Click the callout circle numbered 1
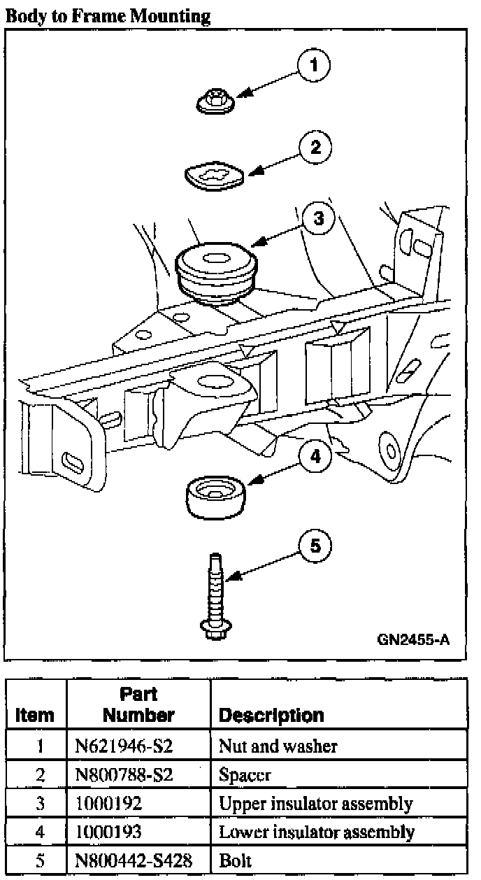coord(313,66)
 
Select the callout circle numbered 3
coord(318,218)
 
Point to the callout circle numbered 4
coord(315,457)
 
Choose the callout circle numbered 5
coord(315,546)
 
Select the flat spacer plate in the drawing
coord(215,176)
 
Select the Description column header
coord(271,715)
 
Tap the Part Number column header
coord(138,705)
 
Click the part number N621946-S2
coord(124,746)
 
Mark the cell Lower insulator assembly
coord(317,832)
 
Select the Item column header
coord(35,715)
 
